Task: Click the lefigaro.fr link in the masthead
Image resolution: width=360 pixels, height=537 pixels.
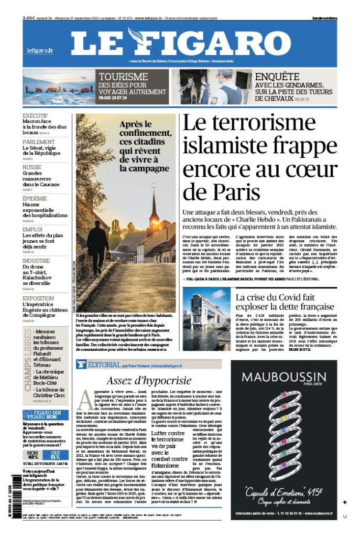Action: click(x=40, y=50)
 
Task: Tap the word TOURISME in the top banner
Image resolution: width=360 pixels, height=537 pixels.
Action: click(x=123, y=77)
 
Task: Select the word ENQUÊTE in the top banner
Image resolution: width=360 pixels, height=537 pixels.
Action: click(x=277, y=77)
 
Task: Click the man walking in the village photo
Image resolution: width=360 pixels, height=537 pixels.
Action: click(x=97, y=246)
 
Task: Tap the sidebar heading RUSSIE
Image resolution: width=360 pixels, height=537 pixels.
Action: click(x=32, y=167)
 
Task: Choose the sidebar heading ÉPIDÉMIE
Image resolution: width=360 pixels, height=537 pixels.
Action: click(x=36, y=198)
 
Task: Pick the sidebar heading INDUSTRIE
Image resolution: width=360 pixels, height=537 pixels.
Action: click(x=36, y=260)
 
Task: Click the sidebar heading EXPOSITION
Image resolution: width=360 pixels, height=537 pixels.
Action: click(x=38, y=298)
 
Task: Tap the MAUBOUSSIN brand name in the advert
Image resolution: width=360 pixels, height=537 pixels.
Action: click(x=284, y=377)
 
